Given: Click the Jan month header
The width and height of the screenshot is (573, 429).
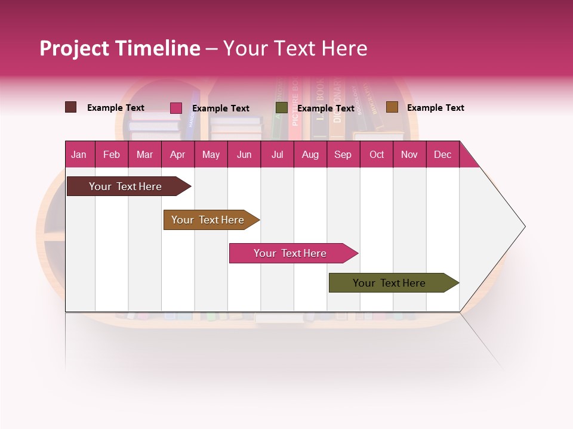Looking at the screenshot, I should (x=79, y=154).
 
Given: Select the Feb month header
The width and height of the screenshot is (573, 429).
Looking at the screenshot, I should (x=112, y=154).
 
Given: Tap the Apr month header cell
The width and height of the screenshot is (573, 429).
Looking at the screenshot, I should (x=178, y=154).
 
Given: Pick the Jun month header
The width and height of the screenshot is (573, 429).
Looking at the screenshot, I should (x=244, y=154).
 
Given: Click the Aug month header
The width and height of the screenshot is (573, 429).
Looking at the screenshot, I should (x=310, y=154).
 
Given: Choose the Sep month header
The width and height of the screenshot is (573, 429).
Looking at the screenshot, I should (x=343, y=154).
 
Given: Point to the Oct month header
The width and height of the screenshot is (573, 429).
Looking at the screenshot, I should (x=377, y=154).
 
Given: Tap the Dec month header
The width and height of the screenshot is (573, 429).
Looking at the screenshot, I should (x=443, y=154).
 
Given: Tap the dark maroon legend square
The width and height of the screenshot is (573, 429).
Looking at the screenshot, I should (x=71, y=107).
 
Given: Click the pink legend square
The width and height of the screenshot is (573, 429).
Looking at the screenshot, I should (x=176, y=108).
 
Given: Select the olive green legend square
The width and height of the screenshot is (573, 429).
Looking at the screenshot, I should (x=282, y=108).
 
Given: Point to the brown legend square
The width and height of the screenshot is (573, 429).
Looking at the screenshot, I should (x=392, y=107).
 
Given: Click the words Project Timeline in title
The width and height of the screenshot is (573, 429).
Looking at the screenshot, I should (x=119, y=48).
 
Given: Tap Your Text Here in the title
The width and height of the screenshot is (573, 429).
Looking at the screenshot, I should (x=295, y=48).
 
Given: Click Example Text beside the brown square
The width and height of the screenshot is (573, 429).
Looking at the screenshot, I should (x=436, y=108).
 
